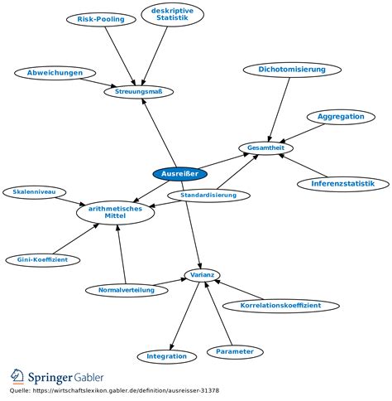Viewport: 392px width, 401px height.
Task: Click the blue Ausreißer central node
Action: click(x=179, y=174)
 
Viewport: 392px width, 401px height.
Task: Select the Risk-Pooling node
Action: click(x=101, y=19)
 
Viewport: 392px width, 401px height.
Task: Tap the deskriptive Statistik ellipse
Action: click(x=173, y=14)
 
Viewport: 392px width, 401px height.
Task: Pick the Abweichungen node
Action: click(x=55, y=73)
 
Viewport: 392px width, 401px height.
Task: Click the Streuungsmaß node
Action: click(x=139, y=92)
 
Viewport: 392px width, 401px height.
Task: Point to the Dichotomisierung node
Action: click(x=292, y=70)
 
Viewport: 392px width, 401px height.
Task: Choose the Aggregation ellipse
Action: click(x=341, y=117)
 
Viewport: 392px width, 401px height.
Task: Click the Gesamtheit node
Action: click(x=265, y=148)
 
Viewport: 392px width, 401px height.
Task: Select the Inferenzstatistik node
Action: click(x=343, y=184)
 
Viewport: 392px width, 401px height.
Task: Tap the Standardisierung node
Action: click(x=208, y=196)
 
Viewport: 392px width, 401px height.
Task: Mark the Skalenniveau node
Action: click(x=34, y=192)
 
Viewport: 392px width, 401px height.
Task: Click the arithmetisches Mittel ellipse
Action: click(x=115, y=213)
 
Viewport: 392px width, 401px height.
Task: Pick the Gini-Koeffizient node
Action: click(x=42, y=260)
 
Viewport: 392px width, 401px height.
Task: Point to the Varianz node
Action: click(x=203, y=275)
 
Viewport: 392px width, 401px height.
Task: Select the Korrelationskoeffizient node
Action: click(x=280, y=306)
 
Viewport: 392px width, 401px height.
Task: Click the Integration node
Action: click(x=166, y=357)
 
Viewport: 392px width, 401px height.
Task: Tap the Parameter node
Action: click(x=235, y=352)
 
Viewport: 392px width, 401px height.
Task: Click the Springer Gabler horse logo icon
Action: click(x=17, y=377)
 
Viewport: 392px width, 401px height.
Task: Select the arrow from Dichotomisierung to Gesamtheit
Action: click(x=280, y=110)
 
